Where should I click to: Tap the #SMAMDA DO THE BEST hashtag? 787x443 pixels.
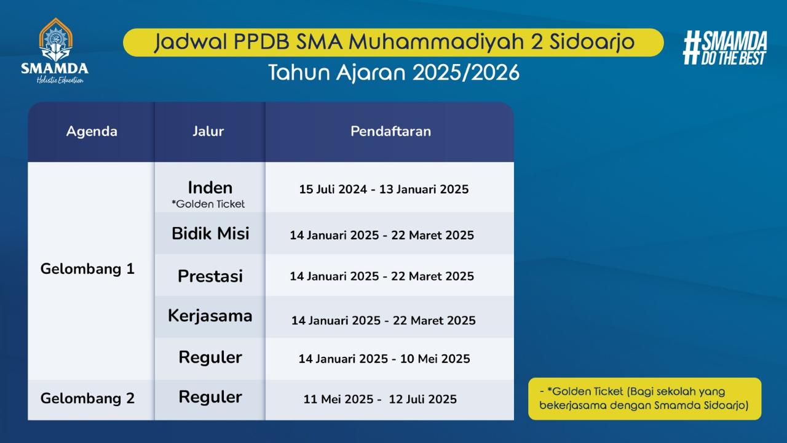[x=725, y=48]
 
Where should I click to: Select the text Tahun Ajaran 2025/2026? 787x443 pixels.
[x=393, y=73]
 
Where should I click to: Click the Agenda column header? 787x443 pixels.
[x=92, y=132]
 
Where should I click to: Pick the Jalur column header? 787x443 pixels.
[x=208, y=131]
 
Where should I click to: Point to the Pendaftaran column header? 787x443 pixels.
[x=390, y=131]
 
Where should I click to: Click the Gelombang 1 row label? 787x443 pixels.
[x=87, y=269]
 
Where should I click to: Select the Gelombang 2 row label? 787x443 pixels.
[x=87, y=398]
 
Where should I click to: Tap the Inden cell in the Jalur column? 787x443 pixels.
[x=210, y=188]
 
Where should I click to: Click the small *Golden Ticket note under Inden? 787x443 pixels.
[x=208, y=204]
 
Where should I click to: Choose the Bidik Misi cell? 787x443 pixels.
[x=210, y=233]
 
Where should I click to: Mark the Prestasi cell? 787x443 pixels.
[x=210, y=276]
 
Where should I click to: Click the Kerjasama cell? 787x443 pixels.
[x=210, y=316]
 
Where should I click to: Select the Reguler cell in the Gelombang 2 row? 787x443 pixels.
[x=210, y=397]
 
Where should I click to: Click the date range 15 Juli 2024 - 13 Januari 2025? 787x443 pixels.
[x=384, y=190]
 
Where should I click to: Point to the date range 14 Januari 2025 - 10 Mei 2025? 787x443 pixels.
[x=384, y=359]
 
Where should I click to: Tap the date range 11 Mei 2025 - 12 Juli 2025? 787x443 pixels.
[x=380, y=399]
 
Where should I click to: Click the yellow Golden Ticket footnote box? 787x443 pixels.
[x=645, y=399]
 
